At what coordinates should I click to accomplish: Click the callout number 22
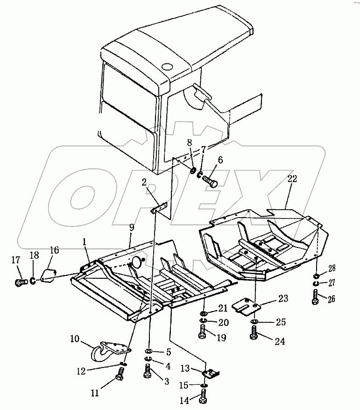coord(292,179)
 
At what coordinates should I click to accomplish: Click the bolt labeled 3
coord(148,373)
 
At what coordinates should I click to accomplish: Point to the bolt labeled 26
coord(317,296)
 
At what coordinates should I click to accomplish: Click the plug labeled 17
coord(20,282)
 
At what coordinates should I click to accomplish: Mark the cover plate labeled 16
coord(49,274)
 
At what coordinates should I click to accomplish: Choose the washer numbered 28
coord(317,276)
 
